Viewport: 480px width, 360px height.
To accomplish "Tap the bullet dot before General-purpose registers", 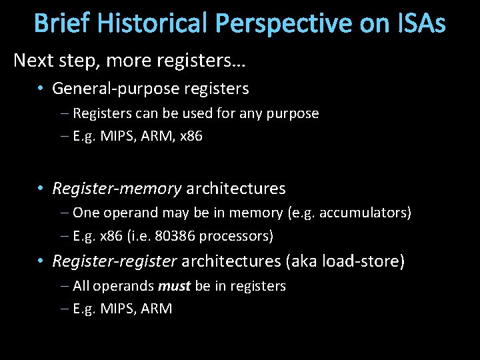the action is (41, 88).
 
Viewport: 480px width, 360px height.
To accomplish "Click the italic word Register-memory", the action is (117, 189).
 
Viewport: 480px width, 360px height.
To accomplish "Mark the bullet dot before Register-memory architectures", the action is (41, 189).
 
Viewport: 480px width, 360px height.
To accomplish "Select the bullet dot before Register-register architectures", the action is (41, 261).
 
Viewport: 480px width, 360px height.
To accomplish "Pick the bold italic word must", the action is (174, 286).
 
